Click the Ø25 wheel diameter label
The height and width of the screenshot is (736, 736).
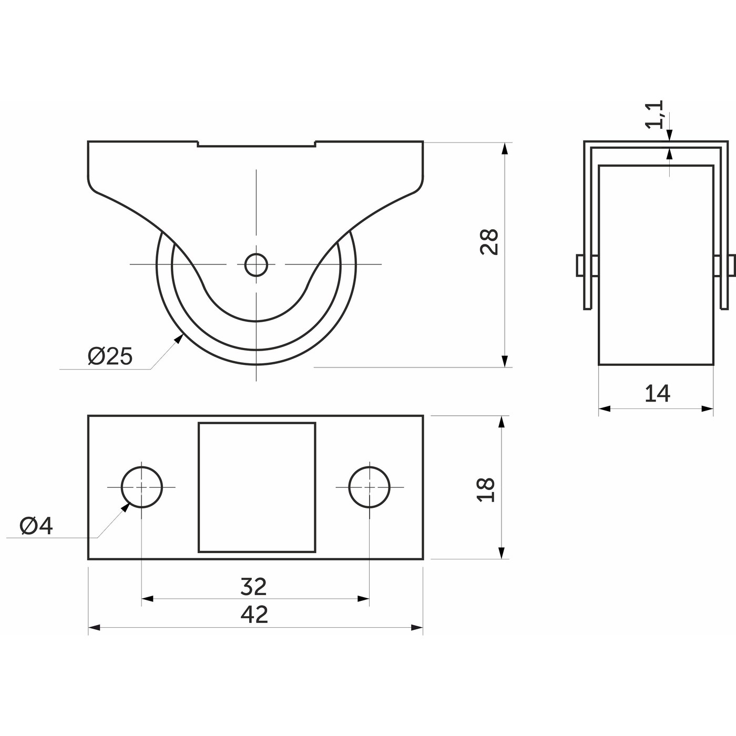point(110,356)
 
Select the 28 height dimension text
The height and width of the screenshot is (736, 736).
point(489,242)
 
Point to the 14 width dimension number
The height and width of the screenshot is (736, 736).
point(657,394)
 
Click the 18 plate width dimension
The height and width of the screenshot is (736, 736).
point(487,489)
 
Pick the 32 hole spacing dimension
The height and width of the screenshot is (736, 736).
point(253,586)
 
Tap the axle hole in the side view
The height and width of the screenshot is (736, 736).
point(256,264)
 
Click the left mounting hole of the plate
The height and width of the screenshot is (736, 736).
point(142,487)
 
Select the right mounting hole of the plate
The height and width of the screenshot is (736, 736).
point(370,487)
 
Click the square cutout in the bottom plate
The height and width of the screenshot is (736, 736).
point(257,487)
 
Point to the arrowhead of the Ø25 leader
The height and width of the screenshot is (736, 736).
point(179,339)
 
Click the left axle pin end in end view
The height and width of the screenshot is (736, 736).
point(580,265)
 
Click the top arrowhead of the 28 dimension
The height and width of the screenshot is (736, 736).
point(505,149)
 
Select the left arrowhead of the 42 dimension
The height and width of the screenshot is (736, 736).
point(94,638)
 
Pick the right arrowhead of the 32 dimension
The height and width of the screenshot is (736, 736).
point(363,598)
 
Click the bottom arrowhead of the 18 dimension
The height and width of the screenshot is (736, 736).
point(502,553)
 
